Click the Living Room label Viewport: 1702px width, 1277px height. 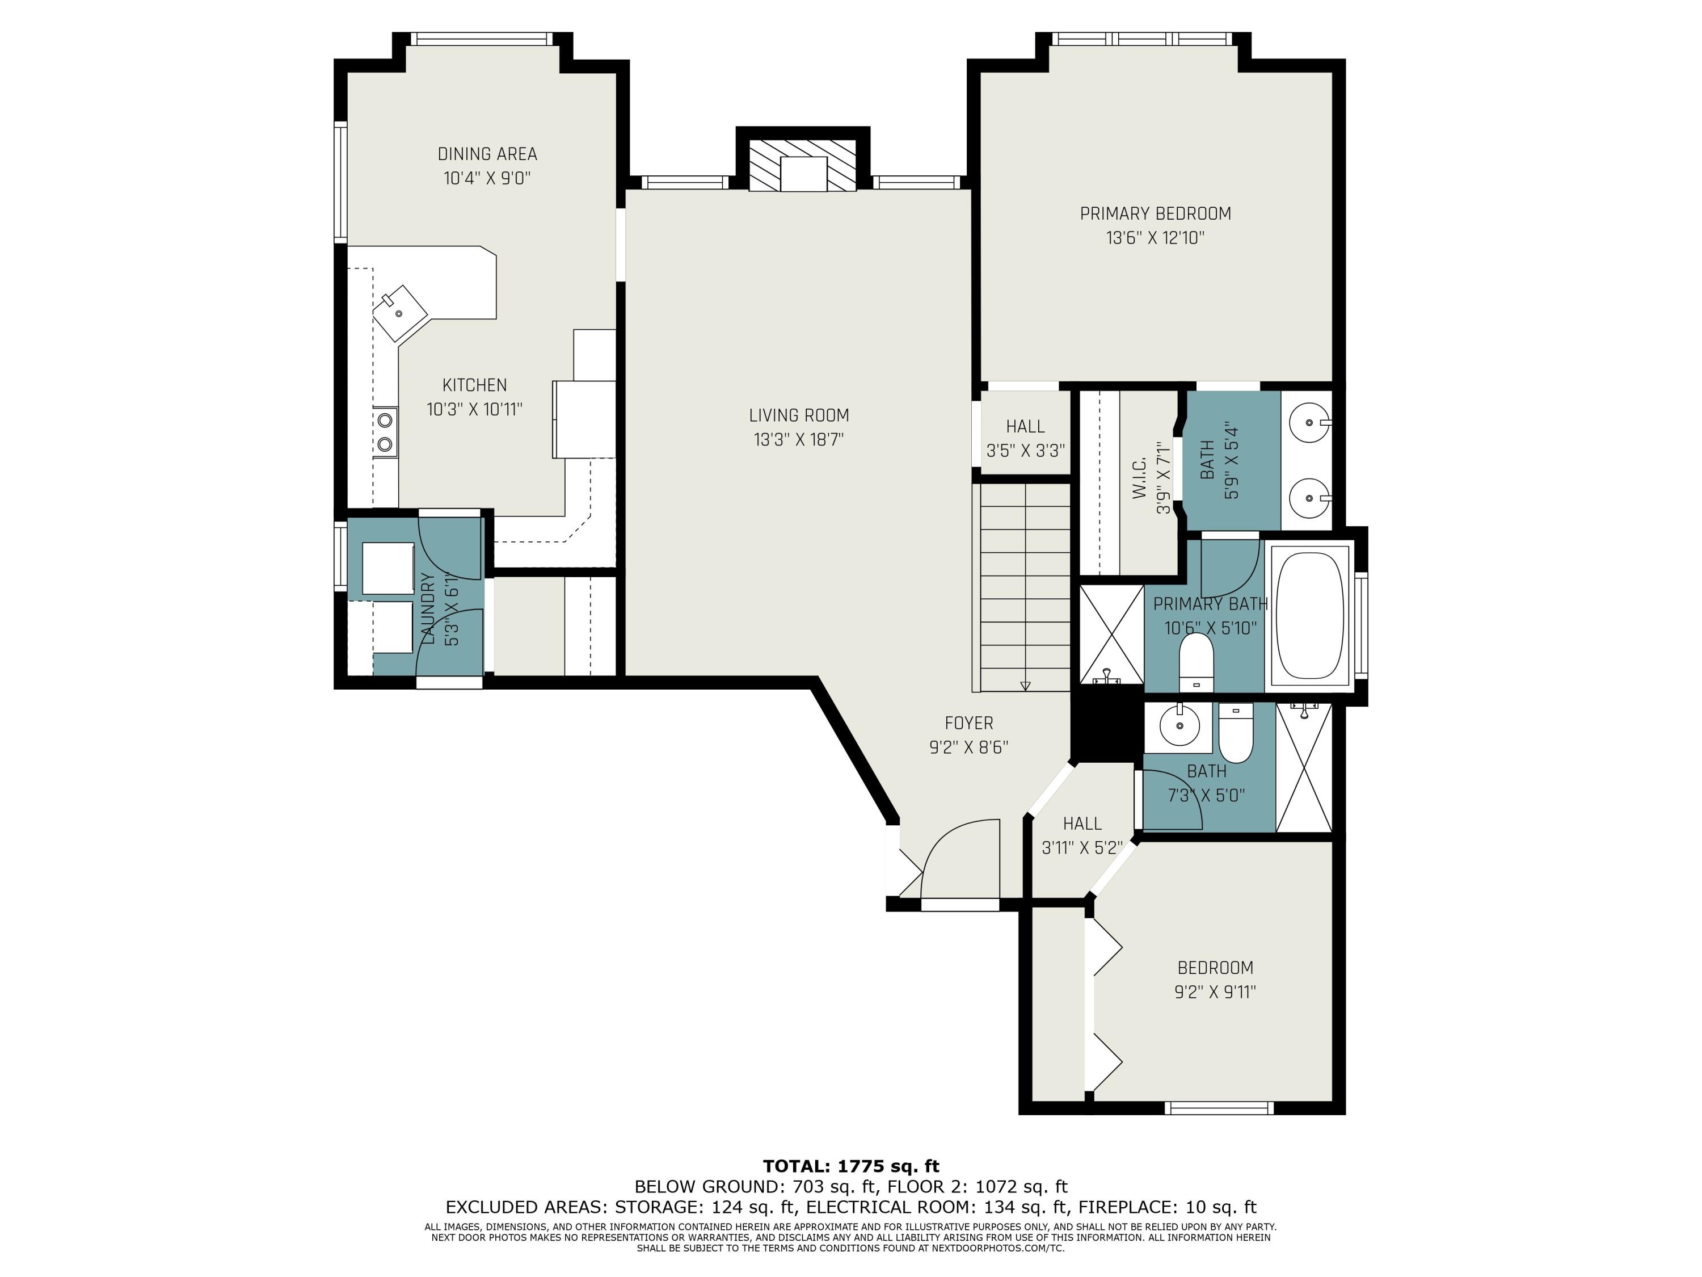coord(799,415)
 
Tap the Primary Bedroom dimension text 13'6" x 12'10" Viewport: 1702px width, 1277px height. coord(1155,238)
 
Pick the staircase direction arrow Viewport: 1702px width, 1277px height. coord(1025,685)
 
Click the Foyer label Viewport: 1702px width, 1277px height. coord(969,724)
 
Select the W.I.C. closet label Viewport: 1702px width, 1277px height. coord(1140,477)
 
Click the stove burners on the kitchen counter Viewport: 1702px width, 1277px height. coord(385,432)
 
